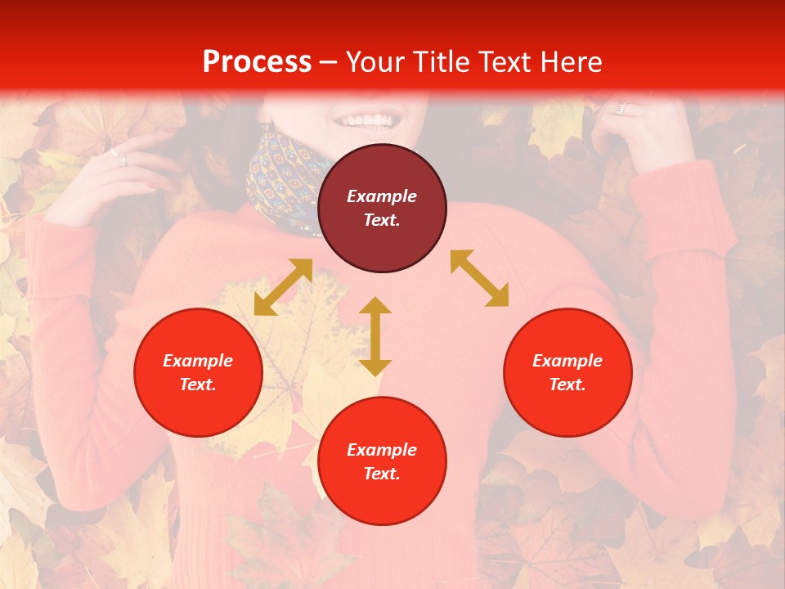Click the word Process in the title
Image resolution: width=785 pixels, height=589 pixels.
pyautogui.click(x=257, y=62)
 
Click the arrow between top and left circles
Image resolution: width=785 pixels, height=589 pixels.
pyautogui.click(x=283, y=287)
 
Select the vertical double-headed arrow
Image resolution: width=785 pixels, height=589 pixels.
pyautogui.click(x=375, y=336)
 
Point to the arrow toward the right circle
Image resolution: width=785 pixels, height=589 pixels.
pyautogui.click(x=479, y=278)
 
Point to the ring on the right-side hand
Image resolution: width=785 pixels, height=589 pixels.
pyautogui.click(x=620, y=109)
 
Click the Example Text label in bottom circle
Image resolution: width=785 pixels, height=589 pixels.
pyautogui.click(x=382, y=461)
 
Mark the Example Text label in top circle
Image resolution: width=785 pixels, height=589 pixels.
pyautogui.click(x=382, y=208)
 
